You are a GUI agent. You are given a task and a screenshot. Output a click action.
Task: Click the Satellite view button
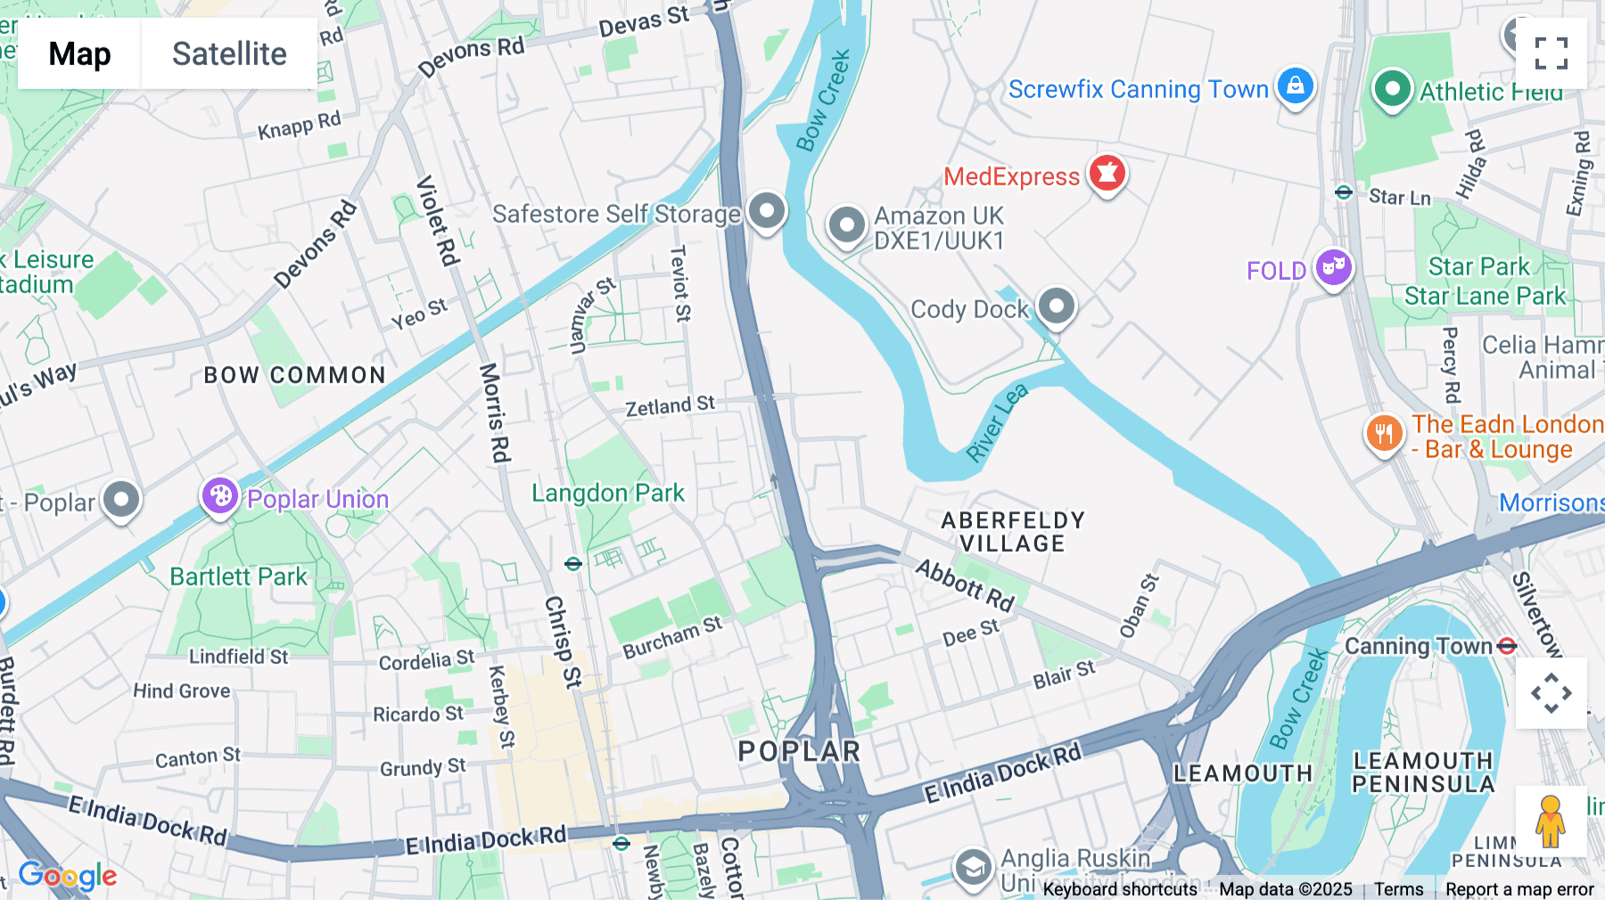[229, 53]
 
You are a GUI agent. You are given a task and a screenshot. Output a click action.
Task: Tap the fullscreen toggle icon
[1551, 53]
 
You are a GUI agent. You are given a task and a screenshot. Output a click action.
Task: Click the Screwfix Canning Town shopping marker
[1295, 86]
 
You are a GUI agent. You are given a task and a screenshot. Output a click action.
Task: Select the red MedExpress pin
[1107, 173]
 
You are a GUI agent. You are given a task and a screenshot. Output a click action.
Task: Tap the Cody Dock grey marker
[1057, 306]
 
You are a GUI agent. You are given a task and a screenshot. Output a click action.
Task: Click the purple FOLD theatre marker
[1333, 266]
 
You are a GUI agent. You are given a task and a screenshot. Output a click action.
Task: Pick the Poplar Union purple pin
[219, 495]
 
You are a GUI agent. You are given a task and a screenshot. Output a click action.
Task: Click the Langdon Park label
[608, 493]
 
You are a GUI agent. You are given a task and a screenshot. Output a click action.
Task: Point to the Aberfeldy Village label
[1013, 532]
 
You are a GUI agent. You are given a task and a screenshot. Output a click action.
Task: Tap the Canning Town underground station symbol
[1507, 646]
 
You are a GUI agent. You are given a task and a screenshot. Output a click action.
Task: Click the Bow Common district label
[294, 375]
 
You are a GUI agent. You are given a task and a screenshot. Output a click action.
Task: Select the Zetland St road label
[670, 406]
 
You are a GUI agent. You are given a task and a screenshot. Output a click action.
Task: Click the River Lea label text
[997, 422]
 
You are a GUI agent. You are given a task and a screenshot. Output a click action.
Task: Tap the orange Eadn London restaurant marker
[1384, 434]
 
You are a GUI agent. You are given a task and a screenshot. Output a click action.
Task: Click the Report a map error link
[1519, 889]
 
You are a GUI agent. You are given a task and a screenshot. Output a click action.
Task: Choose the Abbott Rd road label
[966, 585]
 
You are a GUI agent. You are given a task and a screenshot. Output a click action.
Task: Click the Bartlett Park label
[238, 577]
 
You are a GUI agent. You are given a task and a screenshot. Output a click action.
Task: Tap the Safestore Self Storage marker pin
[766, 211]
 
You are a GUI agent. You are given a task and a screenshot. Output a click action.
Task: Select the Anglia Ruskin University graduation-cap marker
[973, 866]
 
